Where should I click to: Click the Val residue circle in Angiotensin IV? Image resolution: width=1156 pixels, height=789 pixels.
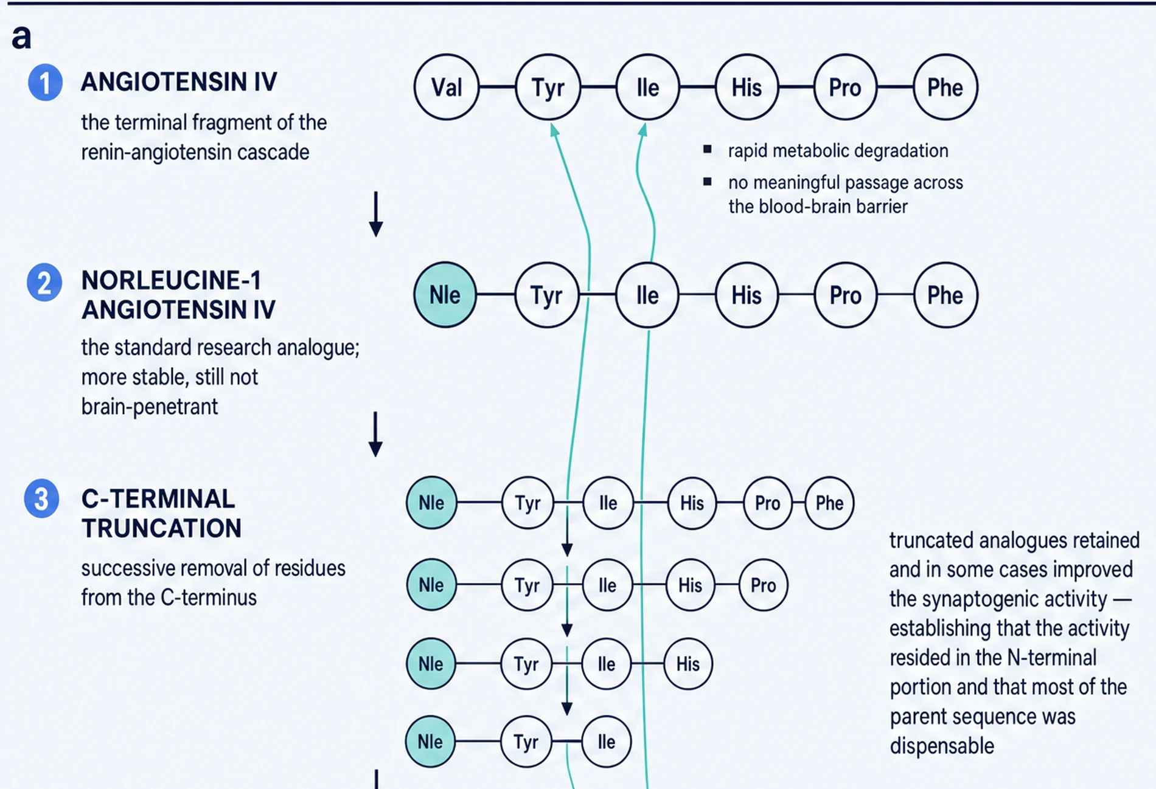(447, 87)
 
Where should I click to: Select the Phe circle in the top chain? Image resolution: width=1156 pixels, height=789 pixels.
(945, 87)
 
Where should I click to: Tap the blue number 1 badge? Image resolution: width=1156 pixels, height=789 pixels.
(45, 82)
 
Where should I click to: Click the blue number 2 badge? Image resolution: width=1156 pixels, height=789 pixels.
(44, 283)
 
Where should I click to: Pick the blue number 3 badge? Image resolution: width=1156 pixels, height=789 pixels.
(41, 499)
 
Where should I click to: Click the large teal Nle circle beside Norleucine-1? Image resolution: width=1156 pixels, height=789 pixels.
(445, 295)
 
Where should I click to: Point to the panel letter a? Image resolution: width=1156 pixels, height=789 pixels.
(21, 38)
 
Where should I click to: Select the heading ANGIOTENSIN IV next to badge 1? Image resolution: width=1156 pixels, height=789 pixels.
(179, 82)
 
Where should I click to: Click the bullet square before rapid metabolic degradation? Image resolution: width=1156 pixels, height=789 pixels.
(707, 150)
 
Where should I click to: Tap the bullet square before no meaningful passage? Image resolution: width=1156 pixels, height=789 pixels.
(707, 181)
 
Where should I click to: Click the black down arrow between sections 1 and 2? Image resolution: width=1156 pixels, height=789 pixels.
(376, 214)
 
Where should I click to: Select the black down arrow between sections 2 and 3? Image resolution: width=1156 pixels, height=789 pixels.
(376, 434)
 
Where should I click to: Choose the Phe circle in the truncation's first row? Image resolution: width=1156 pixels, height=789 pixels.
(829, 503)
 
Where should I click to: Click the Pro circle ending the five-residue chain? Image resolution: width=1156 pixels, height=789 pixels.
(764, 585)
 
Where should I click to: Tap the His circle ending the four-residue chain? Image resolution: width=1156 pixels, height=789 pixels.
(688, 664)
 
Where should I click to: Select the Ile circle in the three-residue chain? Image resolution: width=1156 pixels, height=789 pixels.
(606, 742)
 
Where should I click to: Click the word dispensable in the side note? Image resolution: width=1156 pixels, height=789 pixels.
(942, 746)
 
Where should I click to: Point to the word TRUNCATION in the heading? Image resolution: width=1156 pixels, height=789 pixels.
(162, 528)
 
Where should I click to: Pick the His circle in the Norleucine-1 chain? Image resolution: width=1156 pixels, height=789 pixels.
(747, 295)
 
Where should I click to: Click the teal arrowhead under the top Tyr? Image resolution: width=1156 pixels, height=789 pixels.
(554, 129)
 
